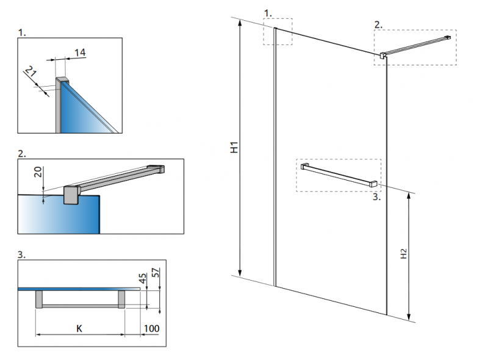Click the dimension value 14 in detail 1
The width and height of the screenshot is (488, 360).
(x=80, y=52)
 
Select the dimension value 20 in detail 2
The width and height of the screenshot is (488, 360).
(x=38, y=172)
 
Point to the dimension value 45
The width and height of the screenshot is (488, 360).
(x=142, y=278)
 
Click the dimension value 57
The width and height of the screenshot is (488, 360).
(x=156, y=273)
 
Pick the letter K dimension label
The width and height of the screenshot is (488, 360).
(x=79, y=328)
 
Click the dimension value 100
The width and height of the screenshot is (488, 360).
(x=151, y=328)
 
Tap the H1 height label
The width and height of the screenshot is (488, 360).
(x=234, y=147)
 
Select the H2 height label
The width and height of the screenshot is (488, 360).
(x=403, y=253)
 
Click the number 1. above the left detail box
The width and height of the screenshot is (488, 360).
(x=22, y=32)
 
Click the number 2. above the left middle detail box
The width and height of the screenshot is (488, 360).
(x=22, y=154)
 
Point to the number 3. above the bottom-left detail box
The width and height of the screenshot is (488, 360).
(x=21, y=254)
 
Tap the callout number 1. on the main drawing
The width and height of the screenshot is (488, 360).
(x=268, y=13)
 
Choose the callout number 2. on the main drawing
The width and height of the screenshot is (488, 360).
(x=378, y=25)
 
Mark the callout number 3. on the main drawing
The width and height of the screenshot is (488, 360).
(x=376, y=197)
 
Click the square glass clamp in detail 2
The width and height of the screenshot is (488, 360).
(x=72, y=195)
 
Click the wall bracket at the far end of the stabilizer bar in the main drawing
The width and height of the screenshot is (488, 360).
(x=448, y=37)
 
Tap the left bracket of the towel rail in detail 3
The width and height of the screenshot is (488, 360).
(x=39, y=299)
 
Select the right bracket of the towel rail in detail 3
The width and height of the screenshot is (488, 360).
(x=121, y=299)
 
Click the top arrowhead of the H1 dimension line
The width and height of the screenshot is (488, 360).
(x=240, y=23)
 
